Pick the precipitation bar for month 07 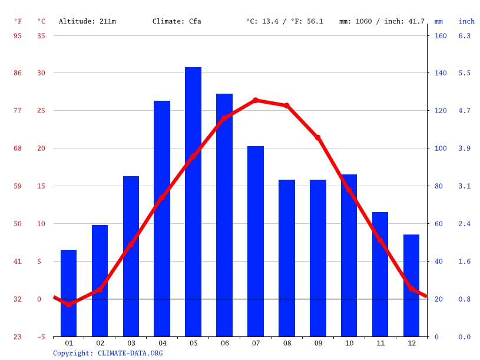(x=256, y=241)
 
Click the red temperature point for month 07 (x=256, y=100)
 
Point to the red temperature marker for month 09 (x=318, y=137)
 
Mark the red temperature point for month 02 (x=100, y=289)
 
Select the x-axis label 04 (x=162, y=343)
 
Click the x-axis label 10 (x=349, y=343)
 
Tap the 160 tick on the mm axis (x=441, y=35)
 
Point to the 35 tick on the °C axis (x=41, y=35)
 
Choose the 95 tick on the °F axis (x=18, y=35)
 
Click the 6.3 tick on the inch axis (x=465, y=35)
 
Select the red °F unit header (x=18, y=21)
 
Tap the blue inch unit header (x=466, y=21)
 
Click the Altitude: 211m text (x=87, y=21)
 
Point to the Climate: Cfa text (x=177, y=21)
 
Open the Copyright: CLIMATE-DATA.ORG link (x=108, y=353)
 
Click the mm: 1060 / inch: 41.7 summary (x=382, y=21)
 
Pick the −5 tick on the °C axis (x=41, y=336)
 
